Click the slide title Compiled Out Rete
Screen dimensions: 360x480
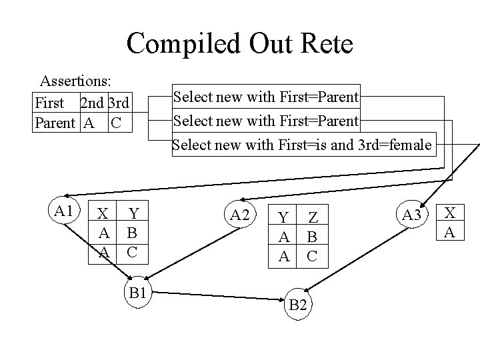tap(240, 44)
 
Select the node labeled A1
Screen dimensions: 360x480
tap(64, 211)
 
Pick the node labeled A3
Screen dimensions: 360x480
tap(411, 215)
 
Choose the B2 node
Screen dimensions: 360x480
tap(298, 305)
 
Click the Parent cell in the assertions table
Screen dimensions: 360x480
tap(54, 123)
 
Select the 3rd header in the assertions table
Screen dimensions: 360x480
tap(117, 103)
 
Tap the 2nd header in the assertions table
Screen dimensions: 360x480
tap(91, 103)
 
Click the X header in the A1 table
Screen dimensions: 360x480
tap(103, 214)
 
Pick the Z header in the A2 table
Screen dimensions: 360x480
tap(312, 218)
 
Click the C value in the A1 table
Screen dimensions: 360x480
tap(132, 253)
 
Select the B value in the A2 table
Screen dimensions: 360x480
tap(312, 237)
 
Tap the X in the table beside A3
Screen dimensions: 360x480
tap(450, 213)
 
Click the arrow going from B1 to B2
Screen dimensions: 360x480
tap(220, 295)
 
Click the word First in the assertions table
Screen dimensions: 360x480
tap(49, 103)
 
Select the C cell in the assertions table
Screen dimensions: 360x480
tap(116, 123)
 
